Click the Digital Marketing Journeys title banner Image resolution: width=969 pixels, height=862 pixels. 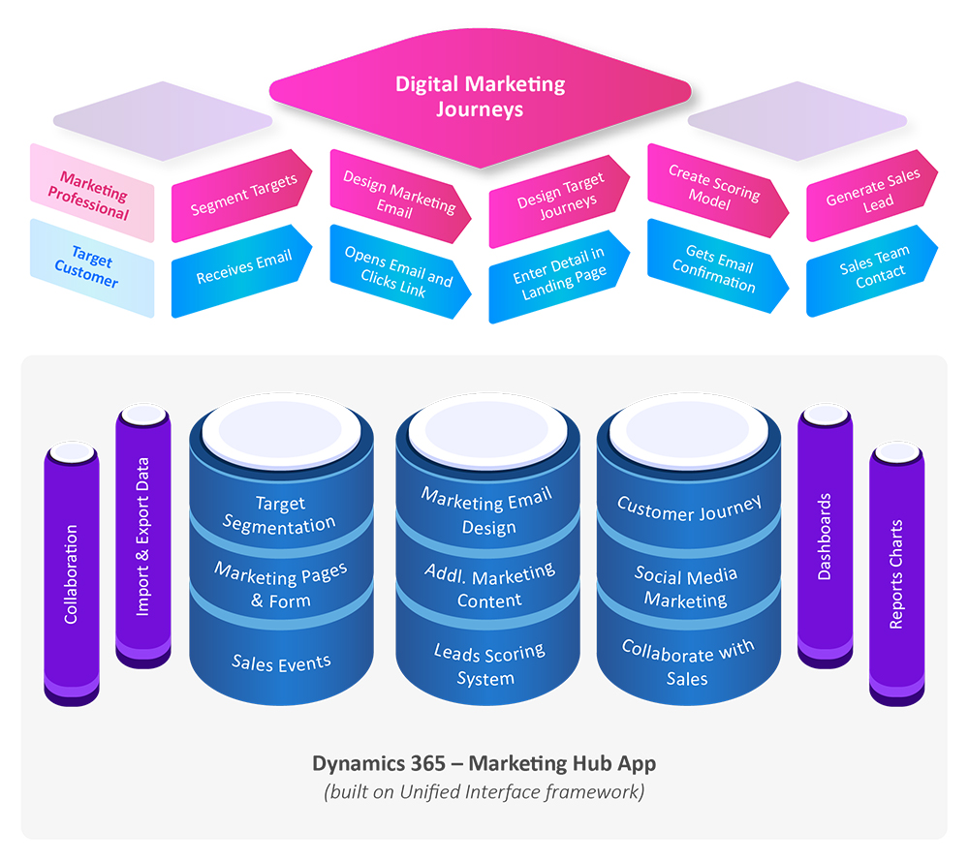point(480,95)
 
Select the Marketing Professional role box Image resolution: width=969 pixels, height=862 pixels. point(93,194)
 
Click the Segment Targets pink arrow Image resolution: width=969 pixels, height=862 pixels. point(242,195)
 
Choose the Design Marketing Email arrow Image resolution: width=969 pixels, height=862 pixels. point(398,193)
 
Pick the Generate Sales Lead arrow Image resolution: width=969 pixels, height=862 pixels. point(871,193)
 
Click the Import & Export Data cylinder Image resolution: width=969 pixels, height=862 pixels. point(143,537)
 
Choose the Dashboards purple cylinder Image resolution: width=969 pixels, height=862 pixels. point(825,537)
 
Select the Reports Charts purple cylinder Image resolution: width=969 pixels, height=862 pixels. point(895,573)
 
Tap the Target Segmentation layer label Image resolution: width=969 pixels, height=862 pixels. point(280,514)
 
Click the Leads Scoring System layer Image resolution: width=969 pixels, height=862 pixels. point(488,664)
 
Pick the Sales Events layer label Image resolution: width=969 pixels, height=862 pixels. point(281,663)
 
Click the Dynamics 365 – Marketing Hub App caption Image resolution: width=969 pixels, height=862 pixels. point(484,763)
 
